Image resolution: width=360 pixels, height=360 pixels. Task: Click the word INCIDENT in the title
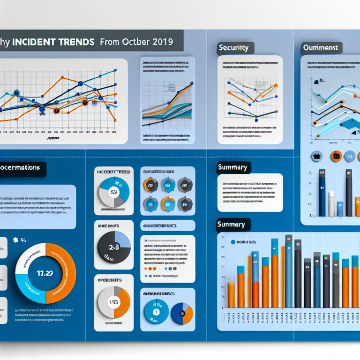click(x=34, y=42)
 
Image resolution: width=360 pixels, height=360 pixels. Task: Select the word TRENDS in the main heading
click(x=75, y=42)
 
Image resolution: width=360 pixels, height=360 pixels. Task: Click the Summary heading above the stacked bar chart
click(x=232, y=225)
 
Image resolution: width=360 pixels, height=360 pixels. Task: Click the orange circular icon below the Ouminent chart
click(x=336, y=156)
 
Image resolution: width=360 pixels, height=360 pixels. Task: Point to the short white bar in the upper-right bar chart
click(x=331, y=204)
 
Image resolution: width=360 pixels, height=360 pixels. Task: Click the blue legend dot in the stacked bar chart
click(x=232, y=242)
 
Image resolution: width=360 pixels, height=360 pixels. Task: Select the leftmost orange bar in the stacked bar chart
click(x=231, y=295)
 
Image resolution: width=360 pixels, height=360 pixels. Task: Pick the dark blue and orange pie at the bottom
click(x=182, y=312)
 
